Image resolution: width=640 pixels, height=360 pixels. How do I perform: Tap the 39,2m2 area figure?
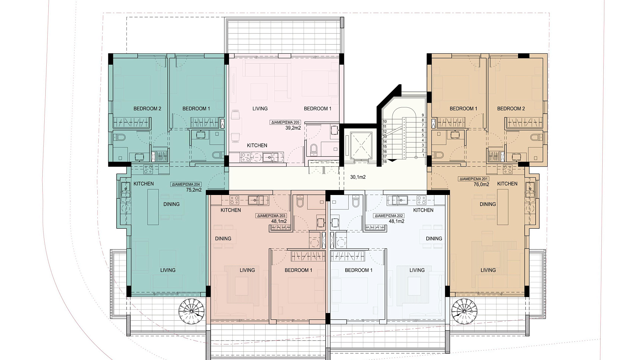(x=293, y=128)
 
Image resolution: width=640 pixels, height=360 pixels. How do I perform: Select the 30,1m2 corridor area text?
(x=358, y=177)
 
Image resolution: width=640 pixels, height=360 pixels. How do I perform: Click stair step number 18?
(x=385, y=162)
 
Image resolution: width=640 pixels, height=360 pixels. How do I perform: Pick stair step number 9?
(x=423, y=115)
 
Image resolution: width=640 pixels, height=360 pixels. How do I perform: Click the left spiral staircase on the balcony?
(x=192, y=312)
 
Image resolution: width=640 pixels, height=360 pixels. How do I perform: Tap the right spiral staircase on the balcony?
(x=464, y=312)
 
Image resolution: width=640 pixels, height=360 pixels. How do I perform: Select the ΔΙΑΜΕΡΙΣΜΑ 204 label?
(x=186, y=184)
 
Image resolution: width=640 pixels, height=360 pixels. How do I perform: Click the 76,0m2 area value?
(x=481, y=184)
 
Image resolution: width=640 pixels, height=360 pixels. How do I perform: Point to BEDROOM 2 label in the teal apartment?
(x=147, y=109)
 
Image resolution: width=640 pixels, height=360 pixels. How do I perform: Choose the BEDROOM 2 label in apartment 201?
(x=511, y=109)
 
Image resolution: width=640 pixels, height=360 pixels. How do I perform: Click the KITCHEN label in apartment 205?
(x=257, y=145)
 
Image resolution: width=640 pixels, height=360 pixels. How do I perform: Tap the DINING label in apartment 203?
(x=223, y=239)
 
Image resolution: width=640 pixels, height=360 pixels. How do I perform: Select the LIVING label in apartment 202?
(x=417, y=270)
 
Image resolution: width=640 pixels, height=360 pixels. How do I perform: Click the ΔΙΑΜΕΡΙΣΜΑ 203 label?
(x=271, y=216)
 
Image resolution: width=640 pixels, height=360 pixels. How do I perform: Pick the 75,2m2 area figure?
(x=194, y=190)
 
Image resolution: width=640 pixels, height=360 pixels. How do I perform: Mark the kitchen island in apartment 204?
(x=153, y=207)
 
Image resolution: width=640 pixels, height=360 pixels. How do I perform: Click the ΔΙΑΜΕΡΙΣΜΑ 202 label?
(x=389, y=216)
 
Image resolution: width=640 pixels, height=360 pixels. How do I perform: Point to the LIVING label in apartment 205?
(x=260, y=109)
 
